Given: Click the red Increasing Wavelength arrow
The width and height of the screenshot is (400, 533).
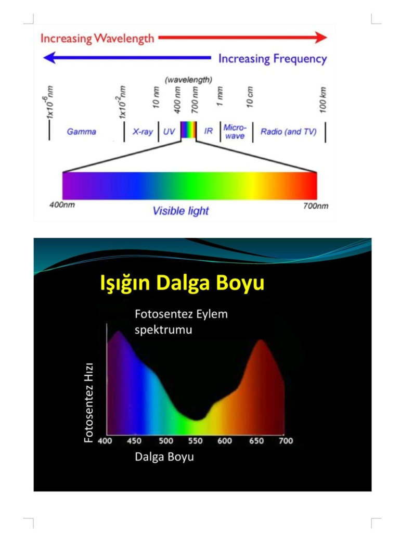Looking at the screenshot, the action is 242,37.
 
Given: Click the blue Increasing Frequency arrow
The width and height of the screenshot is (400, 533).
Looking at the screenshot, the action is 127,57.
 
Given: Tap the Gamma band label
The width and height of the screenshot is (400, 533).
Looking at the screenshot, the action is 82,132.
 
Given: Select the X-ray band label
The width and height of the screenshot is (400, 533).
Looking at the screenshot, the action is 143,132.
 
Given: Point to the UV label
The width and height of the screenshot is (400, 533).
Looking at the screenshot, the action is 169,132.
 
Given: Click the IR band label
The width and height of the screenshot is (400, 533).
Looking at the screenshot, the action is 209,131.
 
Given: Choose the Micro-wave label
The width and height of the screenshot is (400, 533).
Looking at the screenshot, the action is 235,132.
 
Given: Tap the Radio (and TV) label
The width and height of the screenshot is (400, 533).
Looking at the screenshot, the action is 289,132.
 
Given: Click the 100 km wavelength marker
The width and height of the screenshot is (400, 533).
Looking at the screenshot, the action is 323,100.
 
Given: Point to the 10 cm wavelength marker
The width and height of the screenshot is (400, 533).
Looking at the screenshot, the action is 250,97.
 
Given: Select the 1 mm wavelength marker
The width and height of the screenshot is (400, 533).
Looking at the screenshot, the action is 220,96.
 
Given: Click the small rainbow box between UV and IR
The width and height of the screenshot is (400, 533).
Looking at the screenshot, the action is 188,130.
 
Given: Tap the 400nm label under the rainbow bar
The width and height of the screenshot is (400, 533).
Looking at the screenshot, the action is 62,205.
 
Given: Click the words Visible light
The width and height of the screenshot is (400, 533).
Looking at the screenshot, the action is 180,211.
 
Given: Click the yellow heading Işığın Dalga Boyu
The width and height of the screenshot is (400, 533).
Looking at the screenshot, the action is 182,283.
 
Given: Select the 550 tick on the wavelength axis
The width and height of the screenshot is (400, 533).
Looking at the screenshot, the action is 195,441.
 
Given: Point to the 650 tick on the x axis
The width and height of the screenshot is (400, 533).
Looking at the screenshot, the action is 256,441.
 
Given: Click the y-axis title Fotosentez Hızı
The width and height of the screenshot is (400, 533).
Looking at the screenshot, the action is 88,403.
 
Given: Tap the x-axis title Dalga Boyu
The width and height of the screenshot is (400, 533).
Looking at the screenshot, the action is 164,457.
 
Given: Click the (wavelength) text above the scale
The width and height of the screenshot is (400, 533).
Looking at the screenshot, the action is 188,80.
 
